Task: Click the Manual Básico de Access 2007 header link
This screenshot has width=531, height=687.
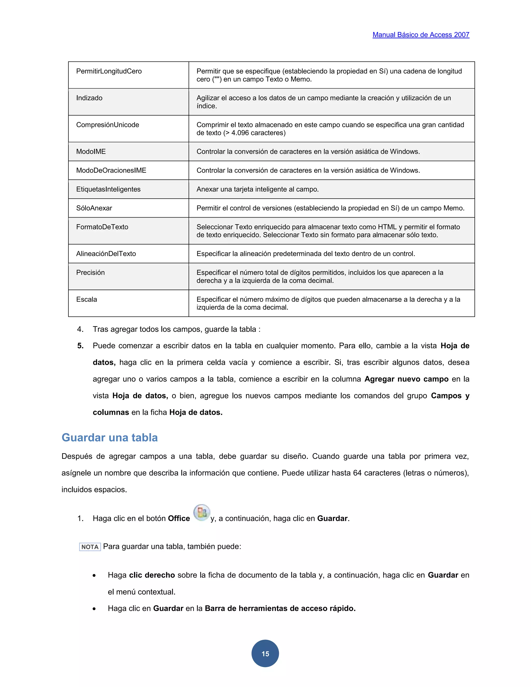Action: click(x=421, y=34)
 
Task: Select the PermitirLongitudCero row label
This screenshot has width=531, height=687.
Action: click(x=109, y=71)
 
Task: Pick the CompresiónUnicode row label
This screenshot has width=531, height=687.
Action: click(x=108, y=125)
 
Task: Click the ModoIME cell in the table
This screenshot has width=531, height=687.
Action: click(x=91, y=152)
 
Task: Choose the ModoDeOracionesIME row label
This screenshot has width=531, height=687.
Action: click(x=111, y=171)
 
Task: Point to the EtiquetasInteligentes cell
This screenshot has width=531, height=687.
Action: click(x=108, y=189)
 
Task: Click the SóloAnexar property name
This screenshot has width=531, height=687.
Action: click(x=94, y=208)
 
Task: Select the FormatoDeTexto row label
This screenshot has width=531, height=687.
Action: click(x=102, y=227)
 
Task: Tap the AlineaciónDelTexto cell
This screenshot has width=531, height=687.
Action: click(x=106, y=254)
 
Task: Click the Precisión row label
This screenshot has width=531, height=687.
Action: click(x=90, y=273)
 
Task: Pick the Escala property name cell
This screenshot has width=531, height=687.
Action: click(x=87, y=299)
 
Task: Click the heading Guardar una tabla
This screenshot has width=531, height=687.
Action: click(x=109, y=438)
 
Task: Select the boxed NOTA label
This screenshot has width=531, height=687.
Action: click(x=90, y=547)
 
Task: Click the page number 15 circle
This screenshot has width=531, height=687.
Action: click(x=265, y=653)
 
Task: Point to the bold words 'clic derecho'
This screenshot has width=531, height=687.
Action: click(x=152, y=575)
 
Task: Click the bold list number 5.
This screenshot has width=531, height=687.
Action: click(x=81, y=346)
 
